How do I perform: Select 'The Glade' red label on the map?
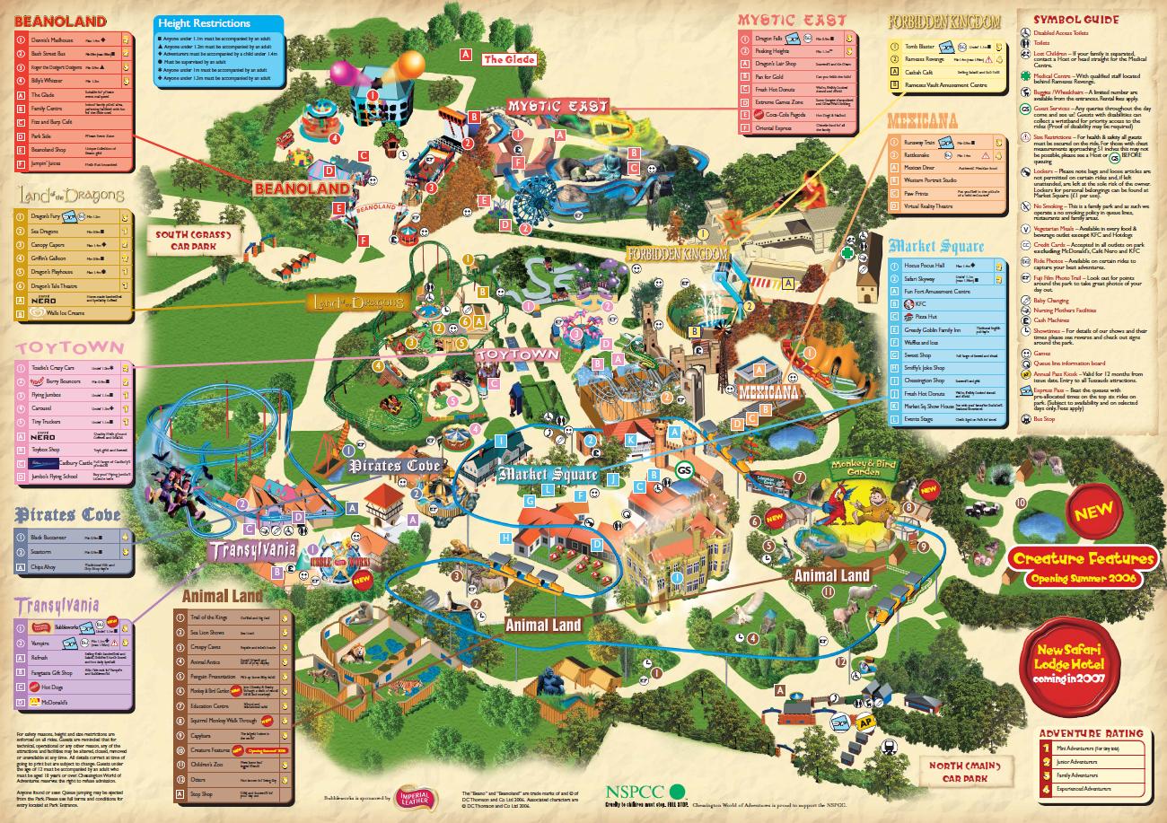tap(509, 59)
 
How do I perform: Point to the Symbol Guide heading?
tap(1075, 19)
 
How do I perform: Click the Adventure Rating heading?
tap(1091, 732)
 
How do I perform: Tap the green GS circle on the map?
tap(685, 470)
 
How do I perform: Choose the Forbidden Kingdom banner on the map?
tap(677, 255)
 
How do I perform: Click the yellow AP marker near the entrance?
tap(866, 722)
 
